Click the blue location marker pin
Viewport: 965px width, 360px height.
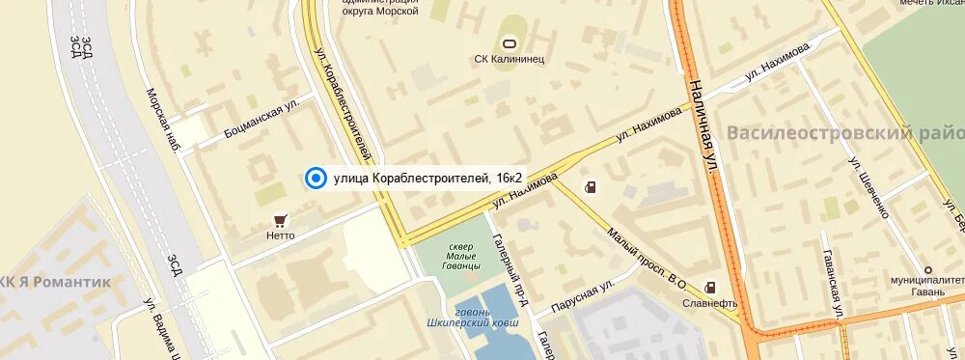(315, 178)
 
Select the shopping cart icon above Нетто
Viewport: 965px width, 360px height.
(280, 219)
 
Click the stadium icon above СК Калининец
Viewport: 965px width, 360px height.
(510, 42)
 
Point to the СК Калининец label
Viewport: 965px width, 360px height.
(510, 59)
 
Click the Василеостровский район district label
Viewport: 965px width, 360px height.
(845, 132)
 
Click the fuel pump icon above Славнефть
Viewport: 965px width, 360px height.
(711, 287)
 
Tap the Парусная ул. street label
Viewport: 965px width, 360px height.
(582, 297)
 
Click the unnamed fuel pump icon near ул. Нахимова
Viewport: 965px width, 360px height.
(589, 186)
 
